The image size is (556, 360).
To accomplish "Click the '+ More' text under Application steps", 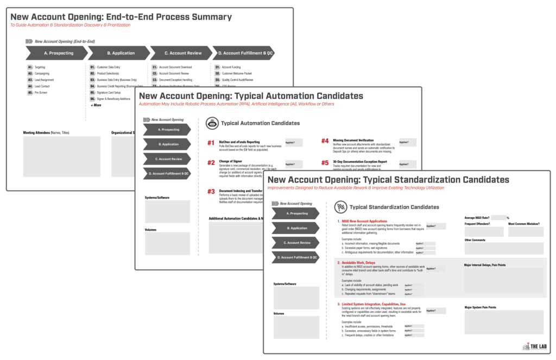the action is point(96,105).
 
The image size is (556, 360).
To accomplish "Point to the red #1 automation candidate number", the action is point(211,143).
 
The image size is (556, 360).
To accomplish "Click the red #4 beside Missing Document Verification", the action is point(325,141).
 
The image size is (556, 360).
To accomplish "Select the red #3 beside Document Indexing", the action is point(211,192).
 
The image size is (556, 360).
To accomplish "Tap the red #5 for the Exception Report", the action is point(325,162).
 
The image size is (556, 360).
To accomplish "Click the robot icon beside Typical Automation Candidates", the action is point(212,123).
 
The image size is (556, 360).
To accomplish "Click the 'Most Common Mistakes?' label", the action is point(525,223).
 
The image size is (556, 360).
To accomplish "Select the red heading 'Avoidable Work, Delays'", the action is point(358,263).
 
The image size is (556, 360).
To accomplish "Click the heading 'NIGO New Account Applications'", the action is point(364,222).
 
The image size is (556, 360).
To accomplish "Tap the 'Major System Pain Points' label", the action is point(487,307).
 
